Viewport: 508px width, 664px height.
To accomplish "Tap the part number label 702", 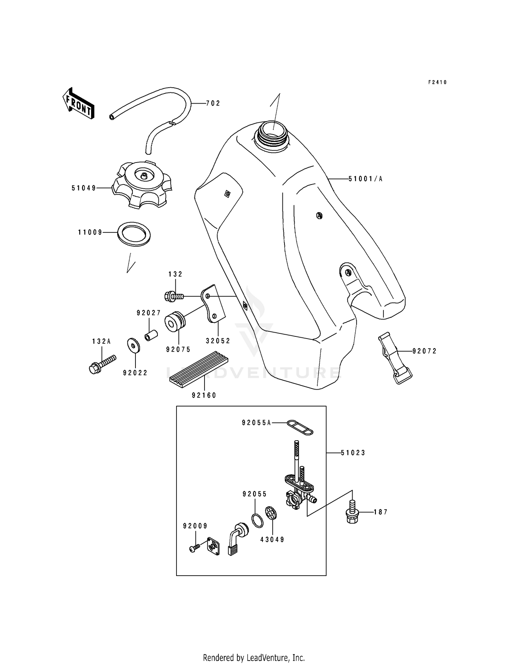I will [x=213, y=104].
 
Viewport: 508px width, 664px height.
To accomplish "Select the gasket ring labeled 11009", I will [x=134, y=234].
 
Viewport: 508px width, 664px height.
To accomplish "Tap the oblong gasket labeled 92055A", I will [x=300, y=427].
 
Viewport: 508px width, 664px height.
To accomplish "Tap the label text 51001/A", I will [x=365, y=179].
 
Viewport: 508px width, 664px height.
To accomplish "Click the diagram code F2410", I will [x=437, y=82].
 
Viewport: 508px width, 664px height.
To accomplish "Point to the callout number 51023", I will [x=353, y=453].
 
